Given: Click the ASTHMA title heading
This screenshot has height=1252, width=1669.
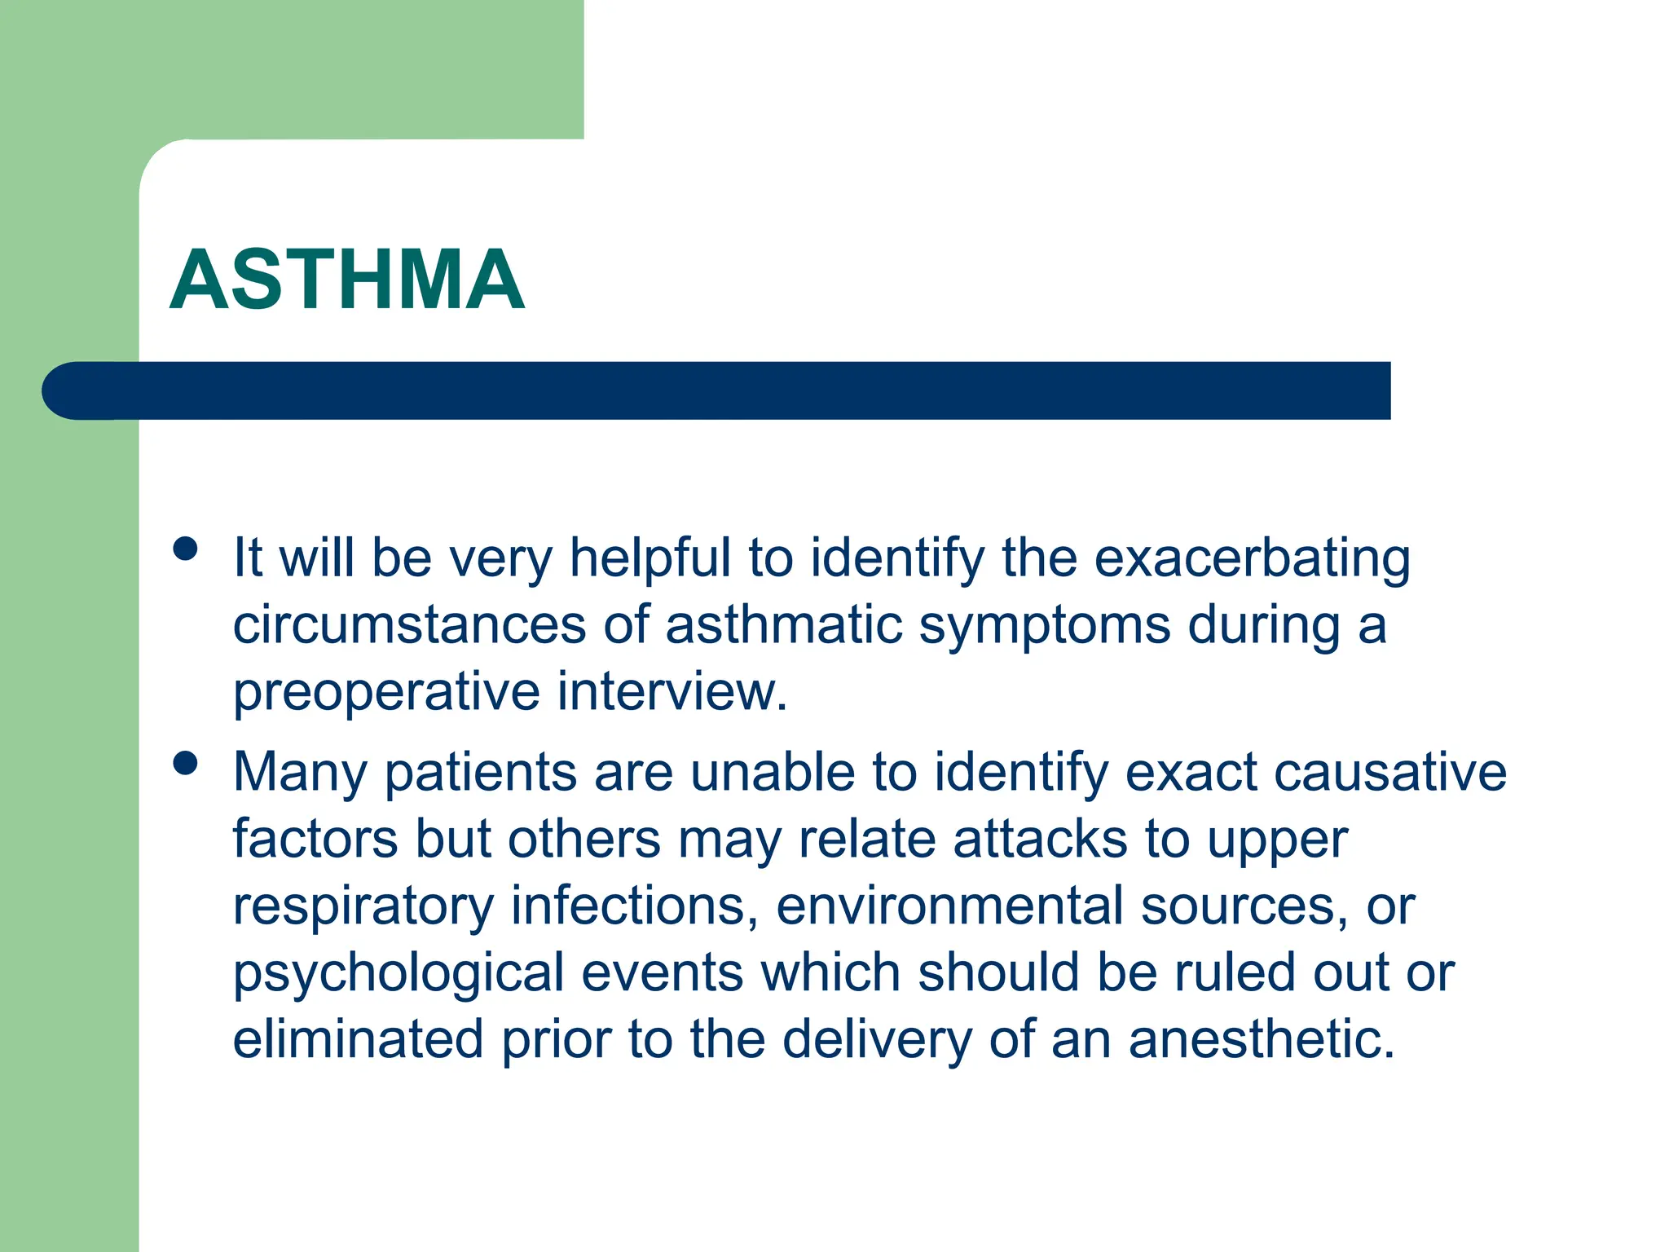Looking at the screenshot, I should pos(347,280).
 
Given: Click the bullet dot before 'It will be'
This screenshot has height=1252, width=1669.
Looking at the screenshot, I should pos(186,549).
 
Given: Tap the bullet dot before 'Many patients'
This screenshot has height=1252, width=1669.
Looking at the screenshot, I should pos(186,764).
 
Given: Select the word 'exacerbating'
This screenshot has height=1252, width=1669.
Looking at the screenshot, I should pos(1252,558).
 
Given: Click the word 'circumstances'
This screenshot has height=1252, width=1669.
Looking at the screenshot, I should pos(410,625).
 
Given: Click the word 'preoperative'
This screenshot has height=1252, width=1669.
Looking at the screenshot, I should pos(386,694).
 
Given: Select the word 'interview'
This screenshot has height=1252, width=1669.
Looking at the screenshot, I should pos(670,692).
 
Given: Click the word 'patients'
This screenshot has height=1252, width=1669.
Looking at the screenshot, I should pos(481,774).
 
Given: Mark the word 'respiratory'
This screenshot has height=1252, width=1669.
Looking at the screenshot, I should pos(363,907).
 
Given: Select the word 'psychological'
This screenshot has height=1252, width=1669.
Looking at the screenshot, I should pos(399,974).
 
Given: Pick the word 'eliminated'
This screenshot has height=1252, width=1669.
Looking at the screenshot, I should pos(358,1039).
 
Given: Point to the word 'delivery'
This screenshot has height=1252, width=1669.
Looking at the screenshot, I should pos(877,1041).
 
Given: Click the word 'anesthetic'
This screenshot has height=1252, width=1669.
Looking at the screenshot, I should pos(1260,1039).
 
